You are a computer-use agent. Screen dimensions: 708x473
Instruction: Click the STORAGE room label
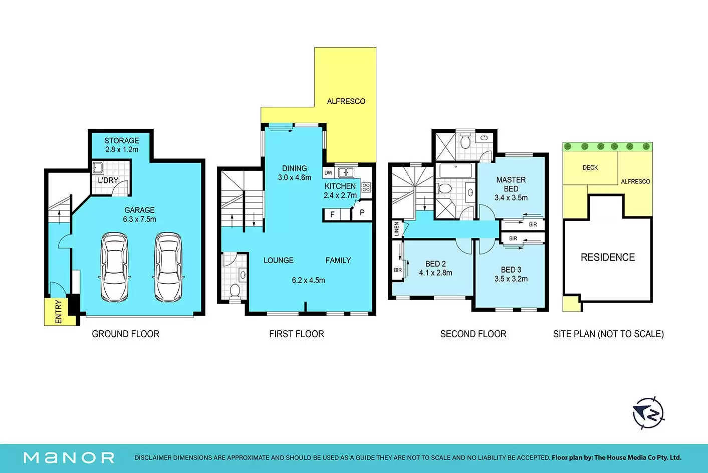coord(122,141)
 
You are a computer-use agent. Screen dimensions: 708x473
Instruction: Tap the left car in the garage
coord(114,267)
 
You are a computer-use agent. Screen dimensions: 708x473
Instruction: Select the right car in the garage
coord(168,267)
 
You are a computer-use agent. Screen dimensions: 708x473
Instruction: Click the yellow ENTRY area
coord(60,312)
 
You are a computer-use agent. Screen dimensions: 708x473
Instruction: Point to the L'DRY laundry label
coord(108,180)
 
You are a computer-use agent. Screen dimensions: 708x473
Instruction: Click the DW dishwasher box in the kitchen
coord(328,173)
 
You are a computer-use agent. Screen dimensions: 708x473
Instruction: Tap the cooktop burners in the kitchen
coord(366,187)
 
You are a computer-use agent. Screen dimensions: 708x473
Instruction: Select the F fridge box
coord(332,214)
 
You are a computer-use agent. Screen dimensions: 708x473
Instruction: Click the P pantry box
coord(362,212)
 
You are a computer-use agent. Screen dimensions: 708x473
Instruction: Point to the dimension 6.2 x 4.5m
coord(308,280)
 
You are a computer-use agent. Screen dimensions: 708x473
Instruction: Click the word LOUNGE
coord(279,261)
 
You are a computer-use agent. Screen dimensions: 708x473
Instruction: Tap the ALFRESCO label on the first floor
coord(346,101)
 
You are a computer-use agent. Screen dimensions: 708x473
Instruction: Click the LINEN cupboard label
coord(397,229)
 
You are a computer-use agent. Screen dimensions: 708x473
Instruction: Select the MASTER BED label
coord(511,184)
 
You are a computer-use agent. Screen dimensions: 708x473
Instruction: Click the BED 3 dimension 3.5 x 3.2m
coord(511,279)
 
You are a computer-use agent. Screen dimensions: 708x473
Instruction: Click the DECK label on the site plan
coord(590,167)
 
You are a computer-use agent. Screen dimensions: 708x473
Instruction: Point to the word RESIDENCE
coord(608,257)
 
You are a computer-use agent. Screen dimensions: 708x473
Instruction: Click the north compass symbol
coord(648,413)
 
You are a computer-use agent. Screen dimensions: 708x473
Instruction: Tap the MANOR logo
coord(69,458)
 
